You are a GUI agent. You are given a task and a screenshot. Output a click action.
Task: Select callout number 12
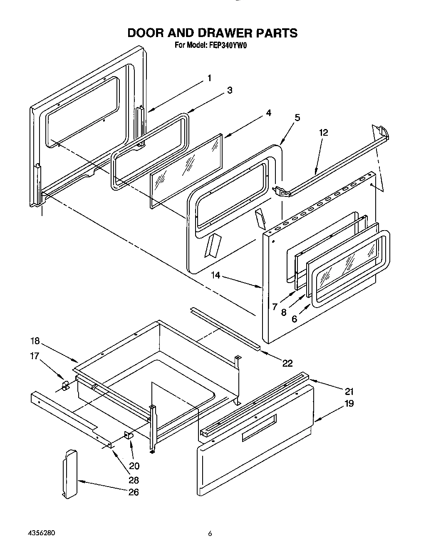point(323,133)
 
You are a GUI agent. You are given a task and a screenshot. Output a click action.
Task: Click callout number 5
point(297,118)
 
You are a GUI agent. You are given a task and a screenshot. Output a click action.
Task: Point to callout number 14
point(215,275)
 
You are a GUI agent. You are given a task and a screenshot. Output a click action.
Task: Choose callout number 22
point(287,363)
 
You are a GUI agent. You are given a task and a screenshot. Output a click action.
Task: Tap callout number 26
point(133,492)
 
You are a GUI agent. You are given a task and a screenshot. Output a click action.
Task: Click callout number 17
point(35,356)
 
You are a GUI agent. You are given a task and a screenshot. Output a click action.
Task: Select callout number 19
point(349,403)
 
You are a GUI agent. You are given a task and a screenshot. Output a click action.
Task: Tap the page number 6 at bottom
point(211,534)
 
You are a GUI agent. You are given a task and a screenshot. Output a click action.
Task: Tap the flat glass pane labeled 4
point(185,171)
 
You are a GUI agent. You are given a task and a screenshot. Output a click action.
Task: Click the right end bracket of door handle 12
point(383,132)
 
